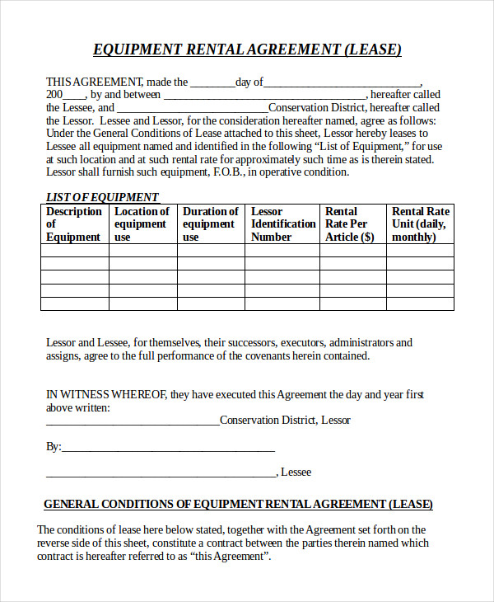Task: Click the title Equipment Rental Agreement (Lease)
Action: tap(247, 49)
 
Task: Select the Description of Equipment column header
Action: tap(74, 224)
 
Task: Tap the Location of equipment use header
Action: tap(142, 224)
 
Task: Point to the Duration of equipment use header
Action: tap(210, 224)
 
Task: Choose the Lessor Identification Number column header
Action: tap(282, 224)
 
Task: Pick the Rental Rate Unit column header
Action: tap(420, 224)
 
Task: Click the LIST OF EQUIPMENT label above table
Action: tap(102, 197)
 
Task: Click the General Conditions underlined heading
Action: tap(238, 504)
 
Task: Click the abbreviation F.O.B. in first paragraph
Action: tap(227, 172)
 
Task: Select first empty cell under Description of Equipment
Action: tap(74, 250)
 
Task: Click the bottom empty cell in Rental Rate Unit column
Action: tap(420, 303)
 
